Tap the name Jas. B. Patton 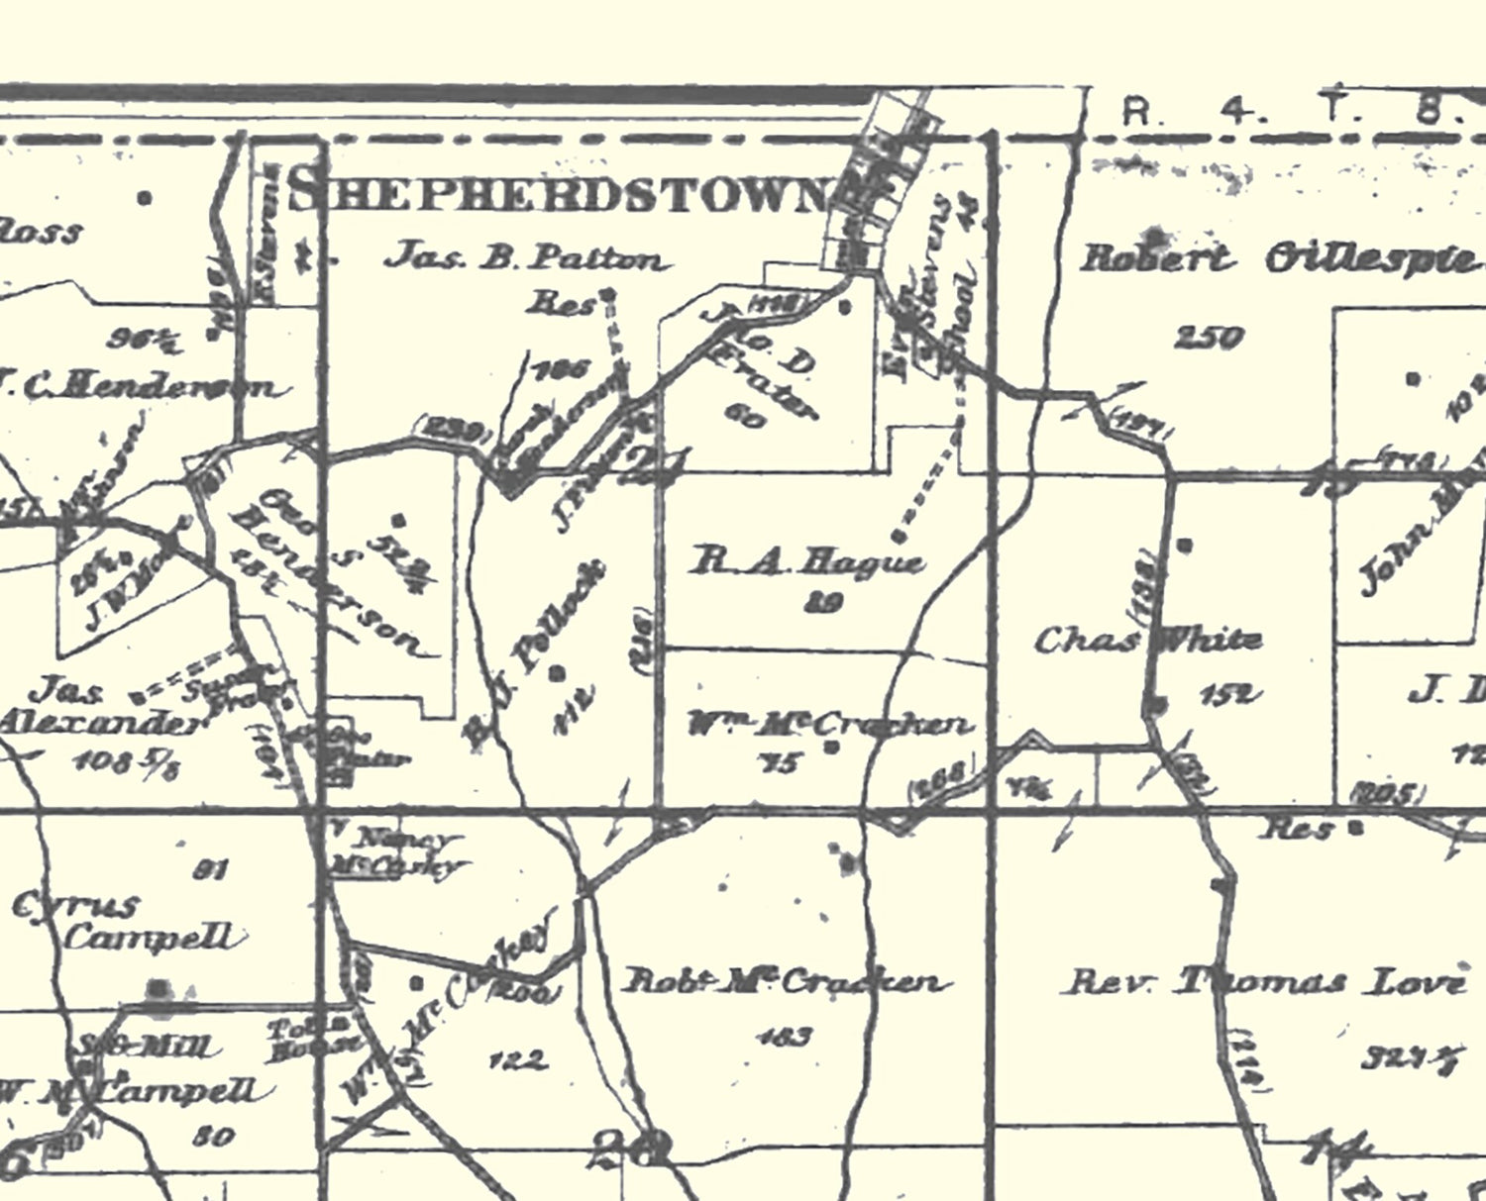click(x=526, y=258)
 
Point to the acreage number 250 click(x=1208, y=339)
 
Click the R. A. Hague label click(x=806, y=562)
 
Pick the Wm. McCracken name click(x=830, y=725)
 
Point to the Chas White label click(x=1147, y=641)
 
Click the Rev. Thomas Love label click(x=1265, y=982)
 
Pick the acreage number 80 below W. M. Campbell click(x=213, y=1136)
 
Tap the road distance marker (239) click(x=455, y=433)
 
